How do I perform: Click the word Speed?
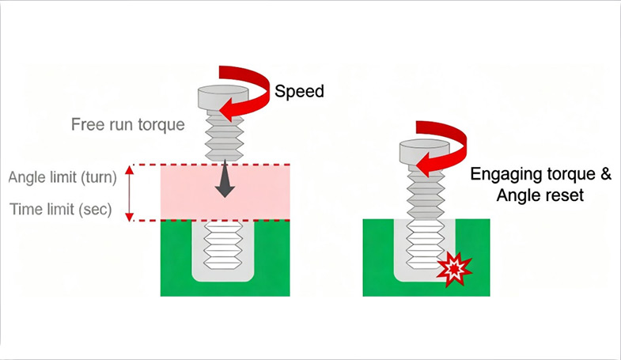pos(299,91)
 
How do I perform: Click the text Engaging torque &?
pos(540,175)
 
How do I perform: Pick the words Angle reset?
pos(540,195)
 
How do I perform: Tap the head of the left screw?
pos(218,101)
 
